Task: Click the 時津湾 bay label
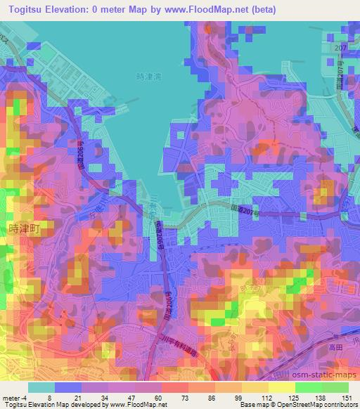pyautogui.click(x=148, y=77)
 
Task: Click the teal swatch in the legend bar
pyautogui.click(x=41, y=387)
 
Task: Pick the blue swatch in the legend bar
pyautogui.click(x=68, y=387)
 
